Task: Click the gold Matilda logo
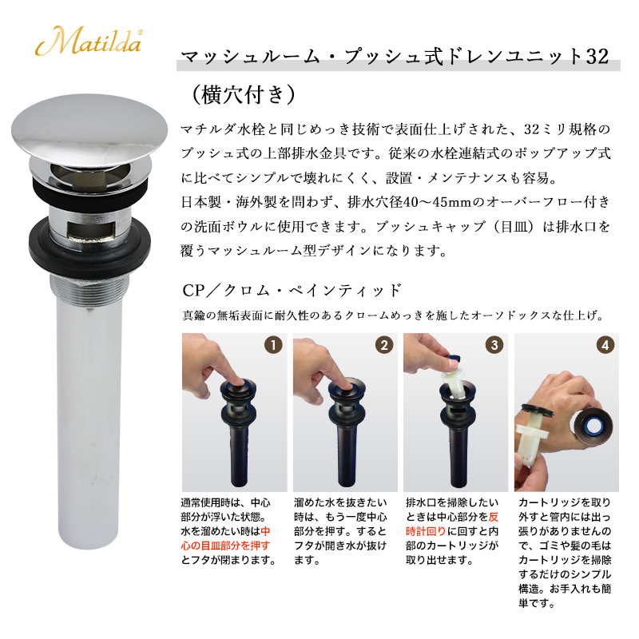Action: (x=89, y=41)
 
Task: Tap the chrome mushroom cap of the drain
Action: (x=89, y=130)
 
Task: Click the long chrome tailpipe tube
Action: (x=88, y=424)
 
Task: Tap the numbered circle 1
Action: (x=273, y=346)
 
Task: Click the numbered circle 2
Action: (x=384, y=346)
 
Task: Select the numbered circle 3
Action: (x=494, y=346)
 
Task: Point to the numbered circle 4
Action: (x=605, y=346)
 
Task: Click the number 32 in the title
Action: (x=597, y=56)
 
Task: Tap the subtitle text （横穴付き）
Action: (x=243, y=94)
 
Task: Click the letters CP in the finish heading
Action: (x=193, y=291)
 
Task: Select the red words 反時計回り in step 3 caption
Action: (x=452, y=524)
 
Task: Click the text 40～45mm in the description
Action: (x=437, y=202)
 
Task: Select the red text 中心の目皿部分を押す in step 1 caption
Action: (x=225, y=538)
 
